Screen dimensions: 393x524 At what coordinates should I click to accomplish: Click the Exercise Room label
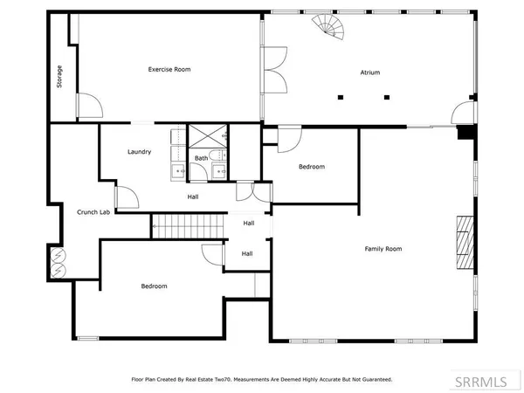pyautogui.click(x=169, y=69)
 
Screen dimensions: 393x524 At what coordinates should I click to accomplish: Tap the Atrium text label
pyautogui.click(x=370, y=72)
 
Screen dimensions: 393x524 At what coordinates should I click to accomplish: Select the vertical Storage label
pyautogui.click(x=59, y=76)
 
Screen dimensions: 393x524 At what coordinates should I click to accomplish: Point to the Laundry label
pyautogui.click(x=140, y=152)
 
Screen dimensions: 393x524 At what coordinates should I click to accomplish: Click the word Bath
pyautogui.click(x=201, y=158)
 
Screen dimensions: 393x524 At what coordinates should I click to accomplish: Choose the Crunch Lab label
pyautogui.click(x=93, y=212)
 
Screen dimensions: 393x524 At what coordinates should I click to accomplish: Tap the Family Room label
pyautogui.click(x=383, y=249)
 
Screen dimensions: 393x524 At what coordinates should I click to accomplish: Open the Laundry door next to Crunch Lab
pyautogui.click(x=126, y=196)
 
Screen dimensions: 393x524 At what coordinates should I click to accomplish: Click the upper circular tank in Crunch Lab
pyautogui.click(x=59, y=255)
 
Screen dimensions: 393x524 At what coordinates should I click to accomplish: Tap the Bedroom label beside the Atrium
pyautogui.click(x=312, y=167)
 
